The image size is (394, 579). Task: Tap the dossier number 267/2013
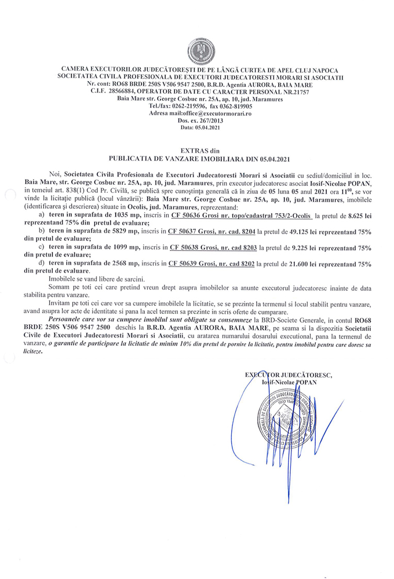[x=208, y=120]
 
